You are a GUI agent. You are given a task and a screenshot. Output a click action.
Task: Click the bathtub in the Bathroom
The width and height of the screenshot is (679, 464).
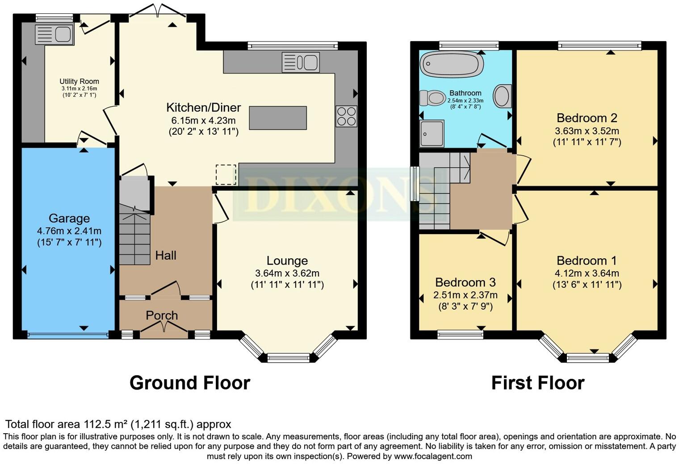pos(452,64)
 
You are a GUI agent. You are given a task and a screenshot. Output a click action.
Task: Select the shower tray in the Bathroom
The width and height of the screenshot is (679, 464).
pos(432,133)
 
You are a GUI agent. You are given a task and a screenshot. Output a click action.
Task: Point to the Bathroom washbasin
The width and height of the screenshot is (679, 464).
pos(502,96)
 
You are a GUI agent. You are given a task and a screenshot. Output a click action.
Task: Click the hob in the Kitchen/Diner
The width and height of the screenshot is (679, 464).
pos(346,116)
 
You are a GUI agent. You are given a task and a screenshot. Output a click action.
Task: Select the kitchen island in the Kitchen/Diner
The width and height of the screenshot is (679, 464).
pos(278,118)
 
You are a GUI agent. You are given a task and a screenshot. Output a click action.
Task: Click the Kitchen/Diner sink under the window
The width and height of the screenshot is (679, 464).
pos(301,62)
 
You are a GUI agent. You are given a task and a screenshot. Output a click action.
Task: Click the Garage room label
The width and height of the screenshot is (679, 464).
pos(69,218)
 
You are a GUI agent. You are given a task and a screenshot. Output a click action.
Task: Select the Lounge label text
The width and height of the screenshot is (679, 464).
pos(287,261)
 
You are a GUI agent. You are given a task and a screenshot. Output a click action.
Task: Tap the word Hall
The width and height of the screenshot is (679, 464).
pos(166,255)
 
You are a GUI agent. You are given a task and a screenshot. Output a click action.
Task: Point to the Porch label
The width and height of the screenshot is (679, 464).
pos(162,315)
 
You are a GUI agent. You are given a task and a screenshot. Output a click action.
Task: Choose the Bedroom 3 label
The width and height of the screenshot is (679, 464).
pos(465,282)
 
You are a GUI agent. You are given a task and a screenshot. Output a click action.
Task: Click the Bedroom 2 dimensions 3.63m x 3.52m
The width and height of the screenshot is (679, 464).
pos(587,131)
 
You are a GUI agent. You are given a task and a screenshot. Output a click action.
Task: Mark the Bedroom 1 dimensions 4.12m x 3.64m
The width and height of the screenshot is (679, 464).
pos(587,273)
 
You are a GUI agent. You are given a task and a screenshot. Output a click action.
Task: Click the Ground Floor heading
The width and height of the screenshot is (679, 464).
pos(190,383)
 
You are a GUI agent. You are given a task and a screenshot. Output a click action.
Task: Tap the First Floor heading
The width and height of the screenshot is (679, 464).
pos(538,383)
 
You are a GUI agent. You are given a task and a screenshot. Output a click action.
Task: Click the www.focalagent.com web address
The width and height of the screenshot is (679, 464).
pos(433,456)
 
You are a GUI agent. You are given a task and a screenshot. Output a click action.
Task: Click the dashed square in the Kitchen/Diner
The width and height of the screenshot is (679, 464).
pos(226,174)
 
